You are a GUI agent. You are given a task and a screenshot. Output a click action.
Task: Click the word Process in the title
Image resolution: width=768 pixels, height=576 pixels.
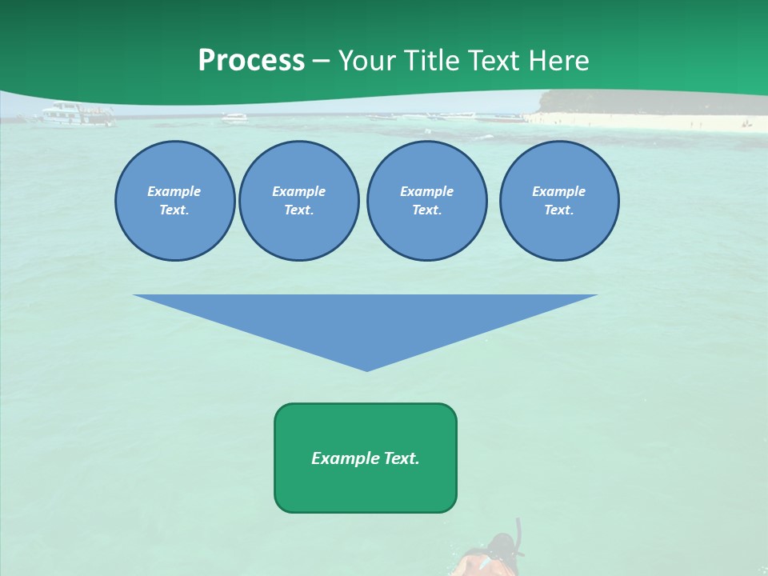pos(251,60)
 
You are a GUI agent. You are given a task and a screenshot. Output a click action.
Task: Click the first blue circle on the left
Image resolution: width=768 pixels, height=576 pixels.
pos(174,201)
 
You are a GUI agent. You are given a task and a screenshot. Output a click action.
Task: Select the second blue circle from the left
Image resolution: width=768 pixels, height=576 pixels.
pos(298,201)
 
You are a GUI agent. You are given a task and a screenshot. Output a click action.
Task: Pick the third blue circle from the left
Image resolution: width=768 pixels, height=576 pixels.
pos(426,201)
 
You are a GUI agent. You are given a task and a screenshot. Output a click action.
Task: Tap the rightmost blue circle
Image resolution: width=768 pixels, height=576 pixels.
pos(558,201)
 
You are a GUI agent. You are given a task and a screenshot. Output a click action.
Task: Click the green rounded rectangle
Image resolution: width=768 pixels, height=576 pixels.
pos(366,458)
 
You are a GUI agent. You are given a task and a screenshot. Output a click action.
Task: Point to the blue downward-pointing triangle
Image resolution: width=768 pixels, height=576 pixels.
pos(366,320)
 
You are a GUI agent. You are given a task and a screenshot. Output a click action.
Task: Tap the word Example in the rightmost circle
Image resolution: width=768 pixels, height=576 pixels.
pos(558,191)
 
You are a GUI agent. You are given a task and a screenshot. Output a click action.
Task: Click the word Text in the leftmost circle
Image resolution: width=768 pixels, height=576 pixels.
pos(174,210)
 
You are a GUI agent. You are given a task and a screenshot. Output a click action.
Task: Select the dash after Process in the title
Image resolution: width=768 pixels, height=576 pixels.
pos(322,61)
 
